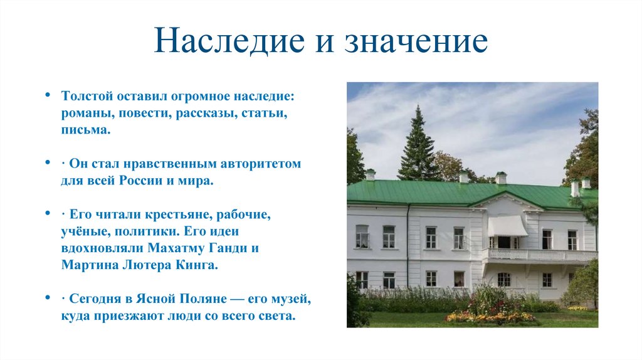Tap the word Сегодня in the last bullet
pos(96,299)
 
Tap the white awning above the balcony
pos(507,225)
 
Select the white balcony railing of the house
pos(543,255)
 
